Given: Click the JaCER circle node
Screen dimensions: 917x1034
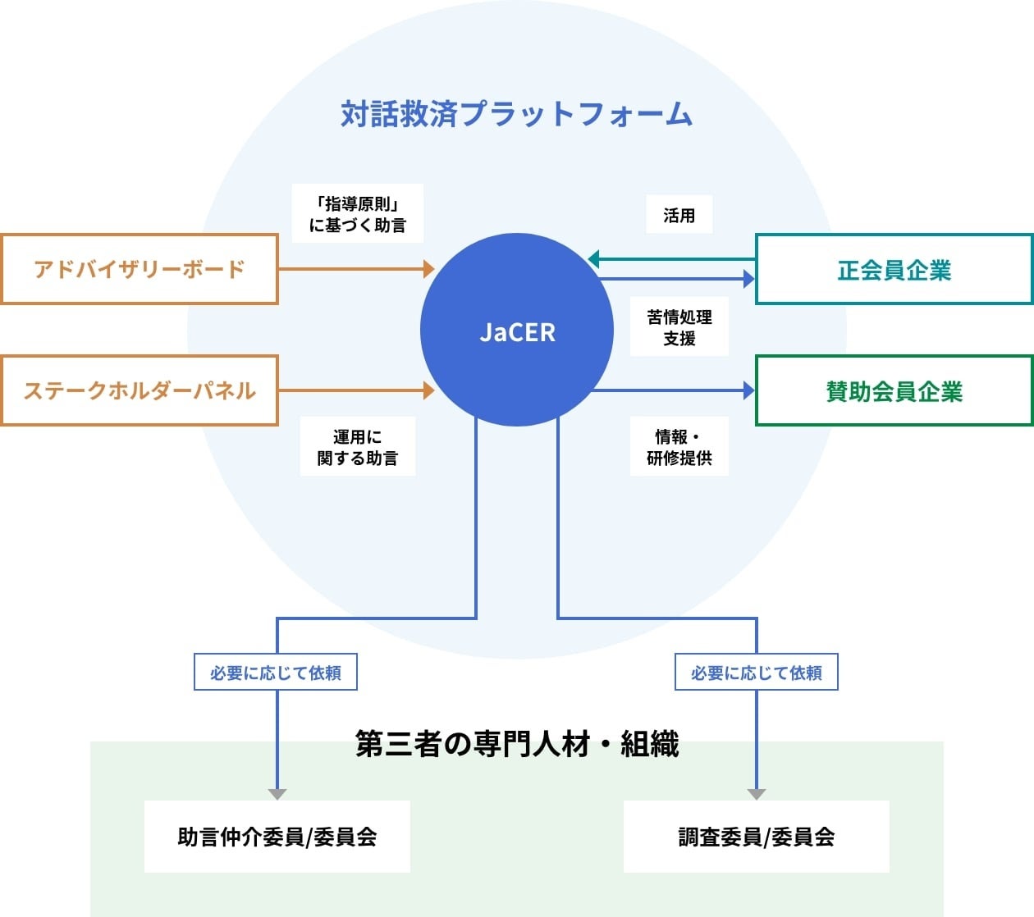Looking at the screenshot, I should pos(517,331).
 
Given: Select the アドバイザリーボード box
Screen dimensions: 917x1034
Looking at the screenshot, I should pos(139,269).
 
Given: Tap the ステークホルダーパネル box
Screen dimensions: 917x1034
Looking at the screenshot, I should pos(139,390).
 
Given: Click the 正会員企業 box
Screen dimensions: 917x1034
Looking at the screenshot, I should pos(894,270).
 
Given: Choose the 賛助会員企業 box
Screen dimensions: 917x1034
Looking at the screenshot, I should pos(894,391).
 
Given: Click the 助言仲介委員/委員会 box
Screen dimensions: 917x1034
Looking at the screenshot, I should pos(277,837).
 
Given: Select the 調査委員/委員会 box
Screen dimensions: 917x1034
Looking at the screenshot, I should pos(756,837).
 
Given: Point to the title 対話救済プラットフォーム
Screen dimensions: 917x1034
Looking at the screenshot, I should pos(517,114).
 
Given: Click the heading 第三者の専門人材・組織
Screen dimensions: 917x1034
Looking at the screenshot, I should pos(517,744).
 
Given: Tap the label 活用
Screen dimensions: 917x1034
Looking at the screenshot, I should pos(679,215).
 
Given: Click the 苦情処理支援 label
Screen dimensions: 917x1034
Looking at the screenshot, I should pos(679,327).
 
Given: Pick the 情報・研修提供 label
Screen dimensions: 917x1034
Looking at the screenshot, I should pos(679,447).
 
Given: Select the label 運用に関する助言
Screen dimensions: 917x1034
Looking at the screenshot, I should pos(358,447).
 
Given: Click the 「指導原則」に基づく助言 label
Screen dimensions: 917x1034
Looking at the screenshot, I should pos(358,214).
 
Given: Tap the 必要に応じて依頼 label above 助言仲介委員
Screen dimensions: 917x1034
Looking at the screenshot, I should pos(276,673).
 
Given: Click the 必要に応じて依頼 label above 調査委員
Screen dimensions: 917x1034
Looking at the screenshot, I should pos(756,673).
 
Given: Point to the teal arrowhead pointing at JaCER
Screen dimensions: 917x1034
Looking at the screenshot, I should pos(594,259).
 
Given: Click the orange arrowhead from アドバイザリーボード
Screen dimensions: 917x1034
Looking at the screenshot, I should pos(428,268).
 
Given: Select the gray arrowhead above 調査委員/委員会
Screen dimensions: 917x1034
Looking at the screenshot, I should pos(757,794).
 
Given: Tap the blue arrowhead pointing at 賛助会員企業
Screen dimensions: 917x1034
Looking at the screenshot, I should pos(748,390).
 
